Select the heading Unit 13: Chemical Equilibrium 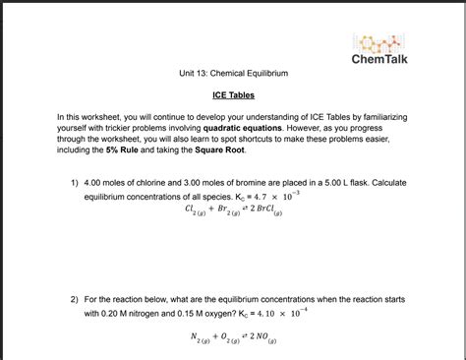pyautogui.click(x=233, y=74)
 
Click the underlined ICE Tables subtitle pyautogui.click(x=233, y=95)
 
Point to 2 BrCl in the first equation pyautogui.click(x=277, y=210)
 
